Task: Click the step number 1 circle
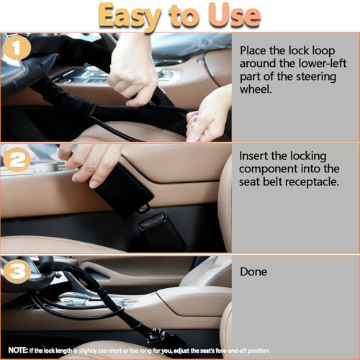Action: (17, 48)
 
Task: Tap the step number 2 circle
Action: (17, 160)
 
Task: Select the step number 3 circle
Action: (17, 271)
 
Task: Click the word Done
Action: (253, 272)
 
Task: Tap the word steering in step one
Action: (316, 77)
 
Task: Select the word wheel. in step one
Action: (256, 89)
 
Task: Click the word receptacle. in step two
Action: (312, 182)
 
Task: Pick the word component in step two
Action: (268, 169)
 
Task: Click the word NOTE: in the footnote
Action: (18, 350)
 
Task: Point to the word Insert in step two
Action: (253, 156)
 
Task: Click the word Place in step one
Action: (253, 50)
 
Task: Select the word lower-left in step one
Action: (323, 63)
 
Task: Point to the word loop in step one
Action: (323, 51)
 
